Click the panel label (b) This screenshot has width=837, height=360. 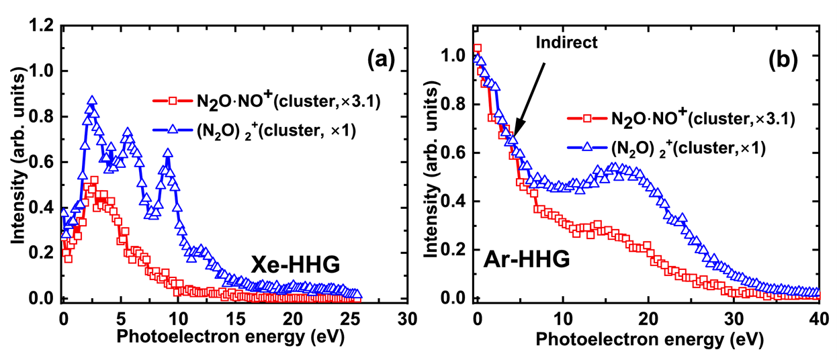pyautogui.click(x=784, y=61)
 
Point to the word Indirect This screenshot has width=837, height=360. pyautogui.click(x=566, y=42)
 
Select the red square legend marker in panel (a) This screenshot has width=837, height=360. pyautogui.click(x=172, y=101)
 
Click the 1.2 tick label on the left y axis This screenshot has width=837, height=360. pyautogui.click(x=41, y=26)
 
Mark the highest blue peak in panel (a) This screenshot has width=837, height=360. pyautogui.click(x=92, y=101)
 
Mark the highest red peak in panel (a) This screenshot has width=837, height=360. pyautogui.click(x=94, y=181)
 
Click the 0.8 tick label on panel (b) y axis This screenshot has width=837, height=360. pyautogui.click(x=457, y=104)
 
